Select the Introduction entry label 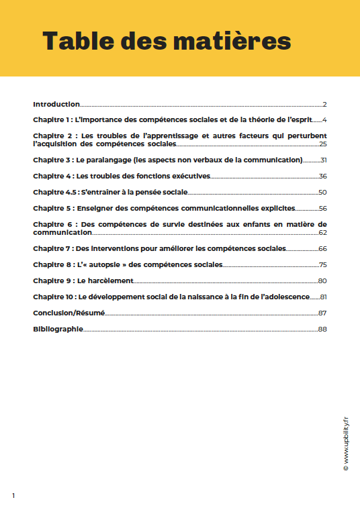pyautogui.click(x=56, y=105)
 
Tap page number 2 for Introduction pyautogui.click(x=324, y=105)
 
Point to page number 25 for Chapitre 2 pyautogui.click(x=322, y=144)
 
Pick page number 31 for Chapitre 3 pyautogui.click(x=322, y=160)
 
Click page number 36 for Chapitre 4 pyautogui.click(x=322, y=176)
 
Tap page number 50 pyautogui.click(x=322, y=193)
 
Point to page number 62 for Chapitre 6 pyautogui.click(x=322, y=233)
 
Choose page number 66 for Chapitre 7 pyautogui.click(x=322, y=249)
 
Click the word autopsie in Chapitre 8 pyautogui.click(x=111, y=265)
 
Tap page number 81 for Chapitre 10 pyautogui.click(x=322, y=297)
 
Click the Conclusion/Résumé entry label pyautogui.click(x=69, y=313)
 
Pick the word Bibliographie pyautogui.click(x=58, y=329)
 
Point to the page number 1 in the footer pyautogui.click(x=13, y=495)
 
